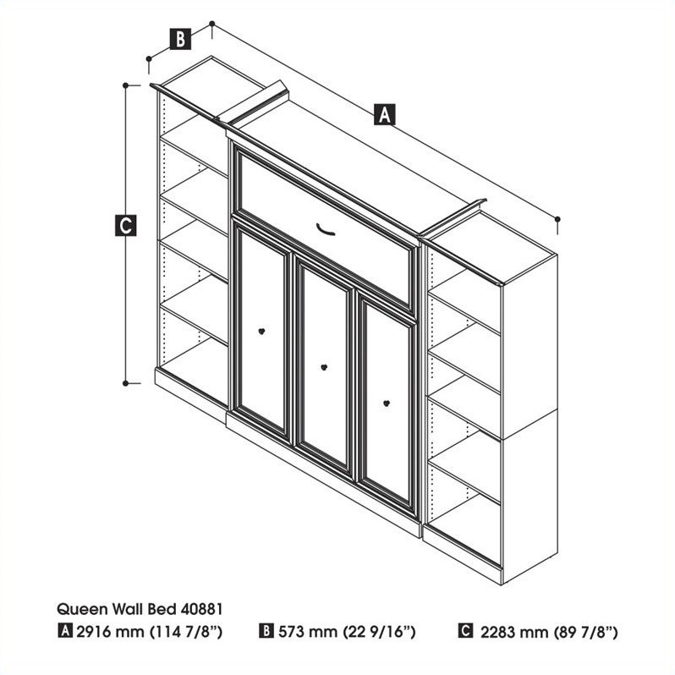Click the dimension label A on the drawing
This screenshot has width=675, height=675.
pos(385,114)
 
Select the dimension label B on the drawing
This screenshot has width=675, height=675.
pos(180,38)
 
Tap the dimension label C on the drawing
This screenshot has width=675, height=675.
pos(125,226)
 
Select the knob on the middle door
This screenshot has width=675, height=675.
pos(324,366)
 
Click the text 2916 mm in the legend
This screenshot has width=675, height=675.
pos(99,632)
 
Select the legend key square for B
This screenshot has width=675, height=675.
pos(266,632)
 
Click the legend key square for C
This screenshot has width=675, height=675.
pos(464,632)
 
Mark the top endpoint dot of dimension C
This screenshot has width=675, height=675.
pos(125,85)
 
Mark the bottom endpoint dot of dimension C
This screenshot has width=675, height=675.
pos(125,383)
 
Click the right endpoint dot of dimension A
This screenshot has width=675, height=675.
pos(558,219)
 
